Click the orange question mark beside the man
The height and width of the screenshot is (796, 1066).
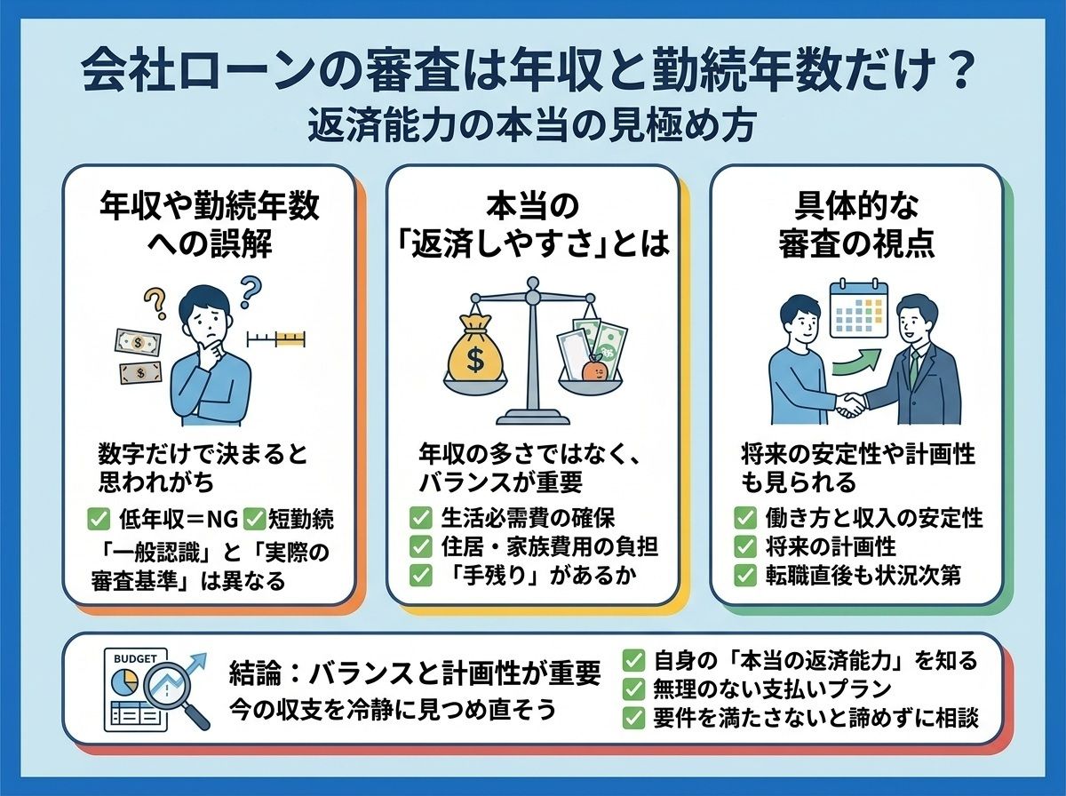point(155,304)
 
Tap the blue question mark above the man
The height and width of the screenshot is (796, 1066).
point(249,292)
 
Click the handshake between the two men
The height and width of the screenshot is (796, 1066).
point(851,404)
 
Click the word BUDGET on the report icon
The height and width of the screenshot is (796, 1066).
point(134,659)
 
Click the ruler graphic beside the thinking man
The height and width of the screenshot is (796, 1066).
point(276,338)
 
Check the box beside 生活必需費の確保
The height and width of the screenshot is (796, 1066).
point(420,518)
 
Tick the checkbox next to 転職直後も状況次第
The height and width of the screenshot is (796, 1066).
point(744,576)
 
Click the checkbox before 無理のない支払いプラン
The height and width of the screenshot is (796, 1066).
point(633,689)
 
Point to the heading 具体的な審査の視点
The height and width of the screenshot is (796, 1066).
point(856,227)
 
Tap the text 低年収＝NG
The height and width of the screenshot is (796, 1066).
point(179,519)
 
